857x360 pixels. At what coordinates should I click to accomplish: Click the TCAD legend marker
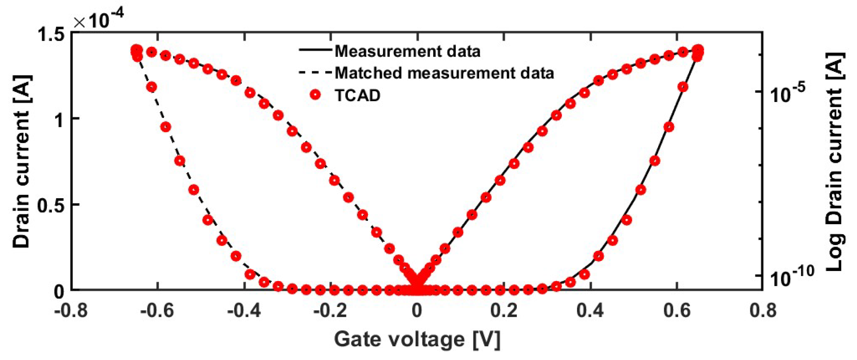pos(315,95)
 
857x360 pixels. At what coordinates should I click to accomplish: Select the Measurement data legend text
pos(408,52)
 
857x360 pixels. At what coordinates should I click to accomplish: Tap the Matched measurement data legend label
pos(444,73)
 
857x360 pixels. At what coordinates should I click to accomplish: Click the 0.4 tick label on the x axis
pos(590,310)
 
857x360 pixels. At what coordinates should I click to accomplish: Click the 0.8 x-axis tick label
pos(763,310)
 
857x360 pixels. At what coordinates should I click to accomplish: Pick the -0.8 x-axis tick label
pos(71,310)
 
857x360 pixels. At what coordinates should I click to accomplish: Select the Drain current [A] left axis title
pos(22,161)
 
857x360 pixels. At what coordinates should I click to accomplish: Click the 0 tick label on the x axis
pos(417,310)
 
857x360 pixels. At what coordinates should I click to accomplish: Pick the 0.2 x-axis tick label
pos(504,310)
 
